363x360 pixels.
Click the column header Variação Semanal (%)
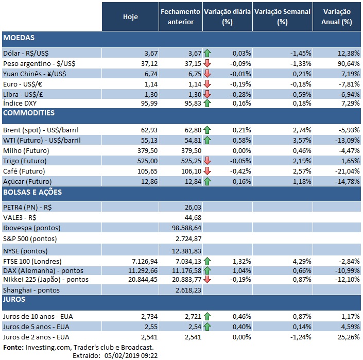(x=282, y=16)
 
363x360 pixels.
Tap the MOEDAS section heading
(x=19, y=39)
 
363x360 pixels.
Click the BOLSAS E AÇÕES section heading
(x=32, y=192)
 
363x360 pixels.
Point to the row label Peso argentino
(x=33, y=63)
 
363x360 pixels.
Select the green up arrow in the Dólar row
(x=208, y=53)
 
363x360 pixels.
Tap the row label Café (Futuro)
(x=24, y=170)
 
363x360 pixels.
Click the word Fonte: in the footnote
(x=13, y=348)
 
